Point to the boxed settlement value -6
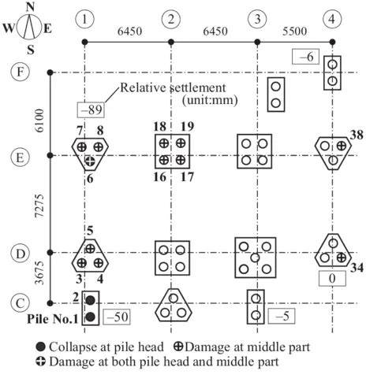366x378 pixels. tap(304, 56)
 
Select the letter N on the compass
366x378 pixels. tap(30, 7)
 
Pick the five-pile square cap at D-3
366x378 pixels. tap(255, 257)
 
